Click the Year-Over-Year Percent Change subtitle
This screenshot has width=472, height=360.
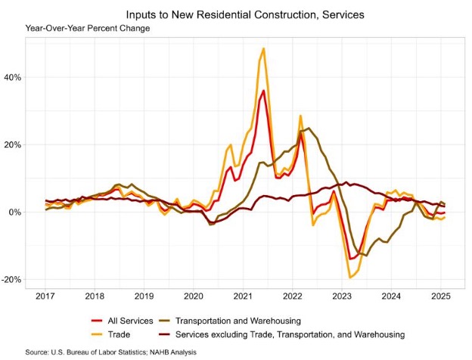tap(87, 29)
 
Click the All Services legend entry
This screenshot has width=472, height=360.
tap(125, 321)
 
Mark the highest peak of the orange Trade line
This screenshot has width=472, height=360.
tap(263, 48)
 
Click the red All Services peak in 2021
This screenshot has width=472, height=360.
tap(263, 91)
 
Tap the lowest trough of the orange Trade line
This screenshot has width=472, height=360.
tap(350, 277)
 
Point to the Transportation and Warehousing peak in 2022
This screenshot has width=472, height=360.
tap(309, 129)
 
